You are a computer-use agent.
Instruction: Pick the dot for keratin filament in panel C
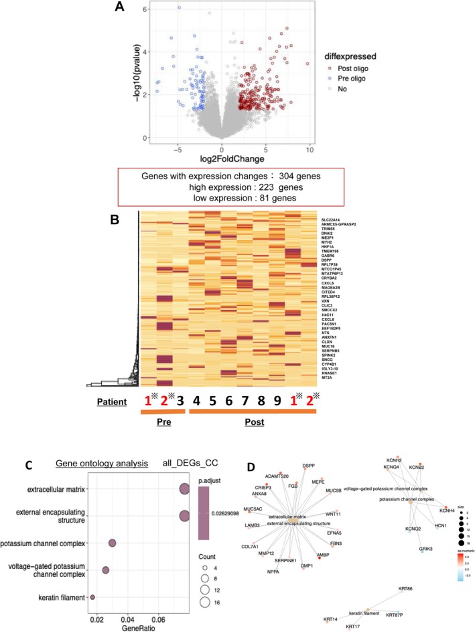coord(92,578)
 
